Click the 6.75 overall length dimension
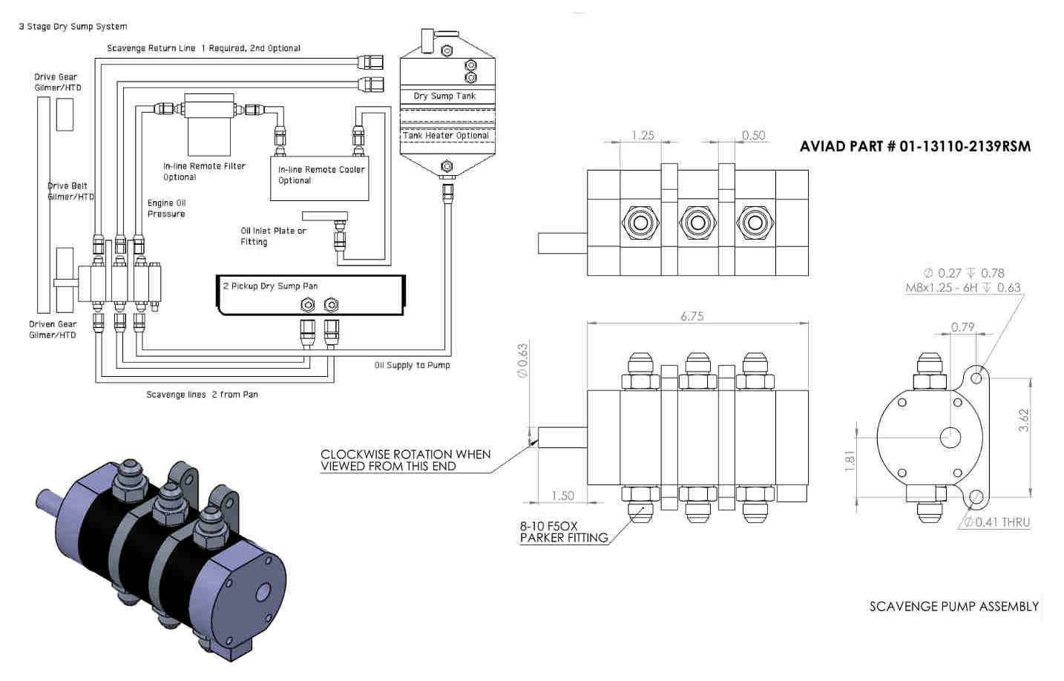692,316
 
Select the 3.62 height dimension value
1024,420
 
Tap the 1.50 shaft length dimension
563,496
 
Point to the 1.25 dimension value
643,135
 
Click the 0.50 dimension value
753,135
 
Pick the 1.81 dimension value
850,461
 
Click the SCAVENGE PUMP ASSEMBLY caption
953,606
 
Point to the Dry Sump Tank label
444,96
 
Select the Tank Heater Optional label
445,135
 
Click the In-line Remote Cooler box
320,179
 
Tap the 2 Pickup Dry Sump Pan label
270,286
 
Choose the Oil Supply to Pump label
412,365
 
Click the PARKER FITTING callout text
564,538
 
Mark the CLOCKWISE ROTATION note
406,460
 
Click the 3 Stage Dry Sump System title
73,27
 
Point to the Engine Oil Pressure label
166,208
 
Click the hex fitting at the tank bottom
447,166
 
